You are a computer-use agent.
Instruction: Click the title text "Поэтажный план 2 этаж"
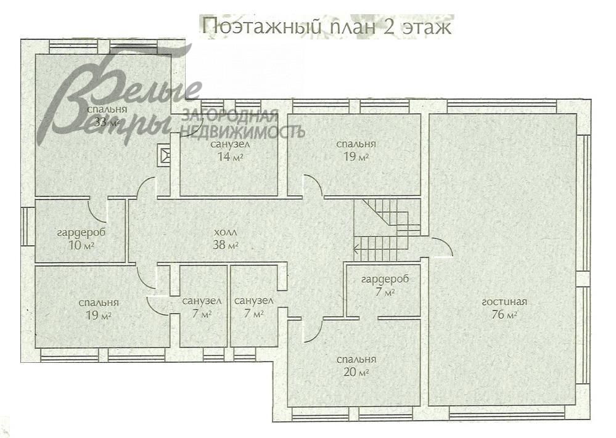pyautogui.click(x=327, y=27)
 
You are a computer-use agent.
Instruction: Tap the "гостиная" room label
pyautogui.click(x=505, y=302)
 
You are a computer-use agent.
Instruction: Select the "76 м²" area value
pyautogui.click(x=505, y=315)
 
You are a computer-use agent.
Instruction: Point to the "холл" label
pyautogui.click(x=225, y=233)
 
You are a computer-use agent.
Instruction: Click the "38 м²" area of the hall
pyautogui.click(x=225, y=245)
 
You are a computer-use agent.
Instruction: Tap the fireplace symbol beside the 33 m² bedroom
pyautogui.click(x=165, y=155)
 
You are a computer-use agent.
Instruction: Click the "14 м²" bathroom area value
pyautogui.click(x=229, y=156)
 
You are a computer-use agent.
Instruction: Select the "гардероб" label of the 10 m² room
pyautogui.click(x=80, y=233)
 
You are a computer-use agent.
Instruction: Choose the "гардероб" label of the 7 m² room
pyautogui.click(x=385, y=280)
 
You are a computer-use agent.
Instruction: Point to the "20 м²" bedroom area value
pyautogui.click(x=356, y=372)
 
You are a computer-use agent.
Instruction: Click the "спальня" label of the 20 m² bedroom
pyautogui.click(x=356, y=359)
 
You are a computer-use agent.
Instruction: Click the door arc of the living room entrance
pyautogui.click(x=442, y=246)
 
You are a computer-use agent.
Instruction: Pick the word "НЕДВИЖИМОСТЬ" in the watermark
pyautogui.click(x=242, y=132)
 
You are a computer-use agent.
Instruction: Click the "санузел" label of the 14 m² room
pyautogui.click(x=229, y=144)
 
